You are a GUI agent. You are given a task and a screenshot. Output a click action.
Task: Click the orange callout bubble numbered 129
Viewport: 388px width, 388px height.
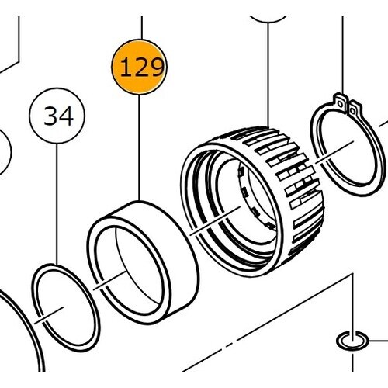(x=139, y=67)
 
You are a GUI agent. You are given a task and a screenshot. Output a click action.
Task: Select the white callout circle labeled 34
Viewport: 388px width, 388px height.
(x=57, y=116)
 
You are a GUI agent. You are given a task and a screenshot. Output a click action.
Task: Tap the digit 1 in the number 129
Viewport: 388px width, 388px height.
(x=126, y=68)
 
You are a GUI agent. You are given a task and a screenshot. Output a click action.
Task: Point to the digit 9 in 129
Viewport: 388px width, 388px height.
(x=156, y=68)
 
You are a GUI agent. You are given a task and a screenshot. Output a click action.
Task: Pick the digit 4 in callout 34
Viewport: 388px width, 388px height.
(x=67, y=116)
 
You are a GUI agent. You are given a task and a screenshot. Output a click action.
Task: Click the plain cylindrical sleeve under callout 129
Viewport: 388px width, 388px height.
(x=143, y=262)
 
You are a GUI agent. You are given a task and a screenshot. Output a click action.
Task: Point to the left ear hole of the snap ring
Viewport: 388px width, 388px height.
(x=341, y=104)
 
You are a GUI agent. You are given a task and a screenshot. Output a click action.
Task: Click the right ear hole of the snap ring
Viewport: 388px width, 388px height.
(x=352, y=111)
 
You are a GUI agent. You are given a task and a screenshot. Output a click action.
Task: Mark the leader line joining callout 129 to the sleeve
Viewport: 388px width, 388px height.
(x=139, y=147)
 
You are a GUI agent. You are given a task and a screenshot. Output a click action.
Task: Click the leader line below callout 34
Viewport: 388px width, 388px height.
(x=57, y=204)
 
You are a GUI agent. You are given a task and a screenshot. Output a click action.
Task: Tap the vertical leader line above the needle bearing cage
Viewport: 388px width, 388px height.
(x=268, y=75)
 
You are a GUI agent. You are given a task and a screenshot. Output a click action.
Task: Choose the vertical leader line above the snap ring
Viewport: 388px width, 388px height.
(x=343, y=55)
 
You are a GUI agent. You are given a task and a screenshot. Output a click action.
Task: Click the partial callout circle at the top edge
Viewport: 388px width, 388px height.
(x=268, y=19)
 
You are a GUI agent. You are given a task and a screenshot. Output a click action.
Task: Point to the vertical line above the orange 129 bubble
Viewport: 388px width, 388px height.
(x=141, y=28)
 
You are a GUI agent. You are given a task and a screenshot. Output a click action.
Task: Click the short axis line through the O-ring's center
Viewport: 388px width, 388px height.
(x=49, y=315)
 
